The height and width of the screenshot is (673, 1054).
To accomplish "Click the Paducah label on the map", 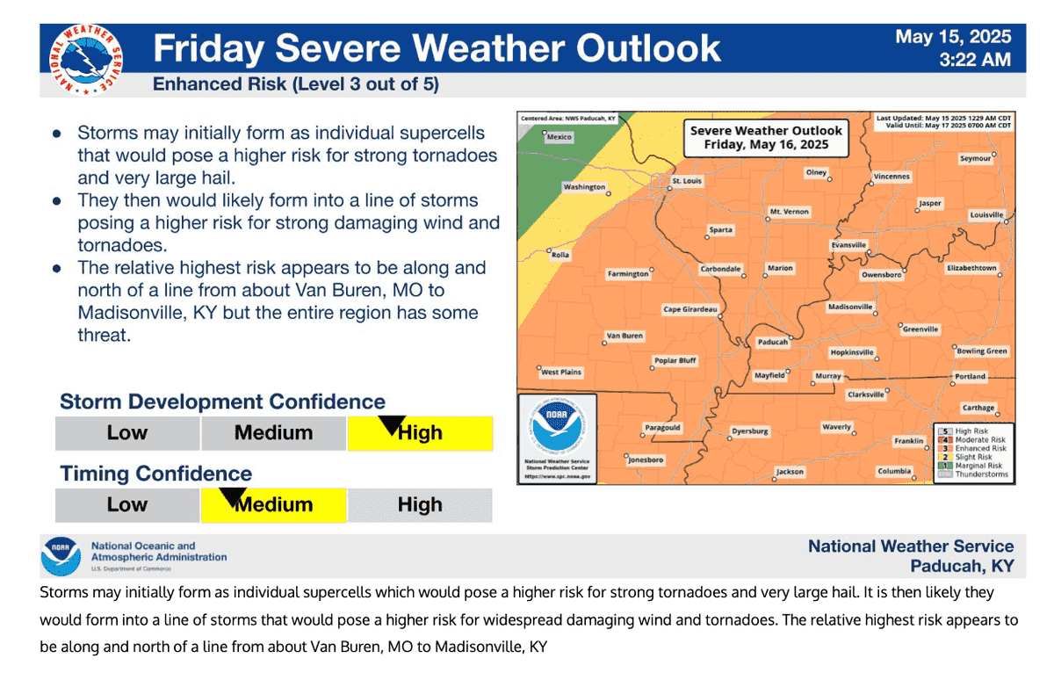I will coord(773,343).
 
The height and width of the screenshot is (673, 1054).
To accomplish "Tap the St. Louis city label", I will coord(688,181).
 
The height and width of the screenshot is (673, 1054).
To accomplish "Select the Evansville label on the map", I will coord(848,244).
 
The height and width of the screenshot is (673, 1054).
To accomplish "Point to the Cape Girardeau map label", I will coord(690,309).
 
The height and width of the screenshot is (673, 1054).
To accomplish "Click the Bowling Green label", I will coord(982,351).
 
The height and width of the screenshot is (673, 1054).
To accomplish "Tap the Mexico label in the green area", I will coord(559,137).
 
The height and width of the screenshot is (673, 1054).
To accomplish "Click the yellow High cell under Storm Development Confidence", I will coord(420,433).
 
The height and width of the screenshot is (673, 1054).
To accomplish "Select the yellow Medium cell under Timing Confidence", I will coord(274,505).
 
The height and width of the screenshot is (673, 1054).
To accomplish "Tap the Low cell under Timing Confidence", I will coord(127,505).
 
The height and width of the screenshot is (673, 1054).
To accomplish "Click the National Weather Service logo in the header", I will coord(86,60).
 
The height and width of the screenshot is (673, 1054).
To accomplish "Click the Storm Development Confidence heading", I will coord(222,402).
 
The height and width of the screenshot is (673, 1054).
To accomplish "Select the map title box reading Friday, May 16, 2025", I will coord(765,137).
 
